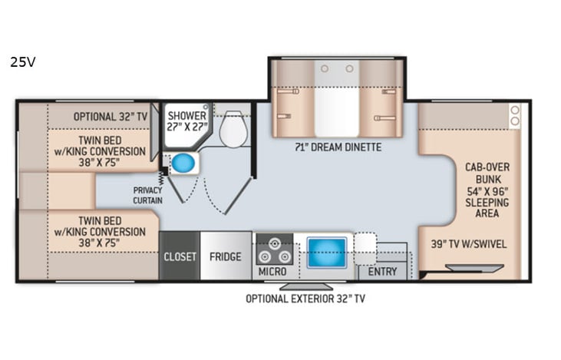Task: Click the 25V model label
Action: click(x=22, y=63)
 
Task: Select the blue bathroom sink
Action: click(x=182, y=163)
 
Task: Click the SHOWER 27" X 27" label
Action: click(x=186, y=121)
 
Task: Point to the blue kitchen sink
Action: click(x=327, y=251)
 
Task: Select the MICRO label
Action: click(x=272, y=272)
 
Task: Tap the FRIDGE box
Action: click(x=226, y=256)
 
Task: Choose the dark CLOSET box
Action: click(x=180, y=256)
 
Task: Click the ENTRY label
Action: click(x=381, y=272)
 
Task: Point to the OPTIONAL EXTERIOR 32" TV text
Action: click(x=305, y=299)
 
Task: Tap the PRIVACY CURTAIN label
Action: click(x=146, y=194)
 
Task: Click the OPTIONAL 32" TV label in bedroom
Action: click(x=110, y=116)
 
